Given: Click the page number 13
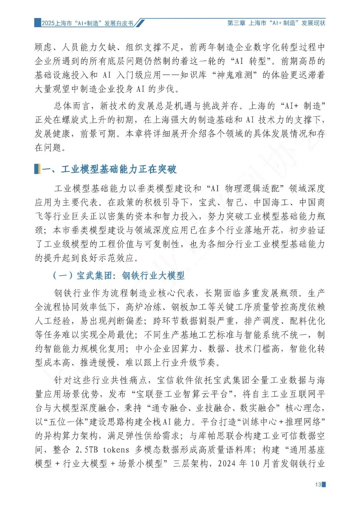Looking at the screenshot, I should click(318, 484).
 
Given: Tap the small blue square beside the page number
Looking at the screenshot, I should click(324, 484).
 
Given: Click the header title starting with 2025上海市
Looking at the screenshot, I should click(87, 23).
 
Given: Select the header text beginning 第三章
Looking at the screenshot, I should click(276, 23).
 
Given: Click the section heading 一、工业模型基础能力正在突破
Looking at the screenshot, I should click(109, 169).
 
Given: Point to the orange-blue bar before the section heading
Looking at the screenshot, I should click(37, 169).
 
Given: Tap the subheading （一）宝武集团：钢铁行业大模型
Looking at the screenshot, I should click(119, 276).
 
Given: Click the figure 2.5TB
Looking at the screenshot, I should click(87, 450).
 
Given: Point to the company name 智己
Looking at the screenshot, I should click(235, 203).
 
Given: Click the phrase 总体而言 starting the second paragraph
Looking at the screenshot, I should click(72, 106).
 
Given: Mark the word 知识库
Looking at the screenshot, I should click(194, 75).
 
